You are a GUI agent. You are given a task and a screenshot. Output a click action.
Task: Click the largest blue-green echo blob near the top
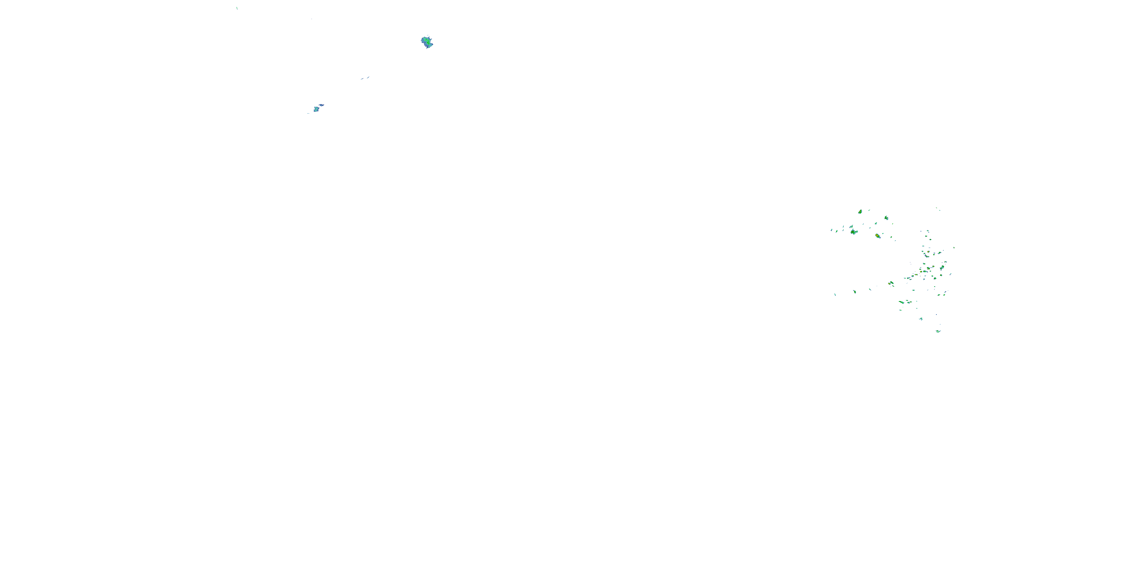pos(427,42)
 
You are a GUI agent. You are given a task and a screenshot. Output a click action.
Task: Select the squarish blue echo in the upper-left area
pos(316,109)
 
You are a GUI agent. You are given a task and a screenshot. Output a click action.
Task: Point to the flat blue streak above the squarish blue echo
pos(321,105)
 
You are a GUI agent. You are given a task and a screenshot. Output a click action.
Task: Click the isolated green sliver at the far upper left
pos(236,8)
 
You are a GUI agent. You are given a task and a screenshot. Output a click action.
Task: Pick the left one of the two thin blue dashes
pos(362,79)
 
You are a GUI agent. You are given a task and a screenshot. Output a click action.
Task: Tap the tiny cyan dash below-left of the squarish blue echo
pos(308,113)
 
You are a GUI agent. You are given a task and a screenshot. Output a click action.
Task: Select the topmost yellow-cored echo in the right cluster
pos(860,212)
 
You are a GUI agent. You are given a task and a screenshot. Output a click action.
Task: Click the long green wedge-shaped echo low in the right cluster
pos(902,303)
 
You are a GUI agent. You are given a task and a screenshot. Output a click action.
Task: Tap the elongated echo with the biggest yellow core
pos(877,236)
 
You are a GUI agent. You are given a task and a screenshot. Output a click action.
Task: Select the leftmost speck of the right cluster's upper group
pos(831,230)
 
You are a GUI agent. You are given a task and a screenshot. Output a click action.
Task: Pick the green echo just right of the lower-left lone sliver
pos(854,292)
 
